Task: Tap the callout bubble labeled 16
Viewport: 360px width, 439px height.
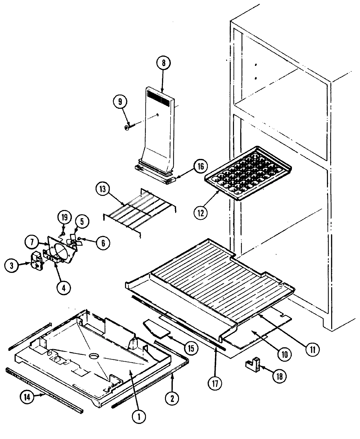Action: click(200, 166)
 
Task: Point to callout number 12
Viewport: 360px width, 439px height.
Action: click(200, 213)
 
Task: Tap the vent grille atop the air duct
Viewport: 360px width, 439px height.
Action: click(158, 98)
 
